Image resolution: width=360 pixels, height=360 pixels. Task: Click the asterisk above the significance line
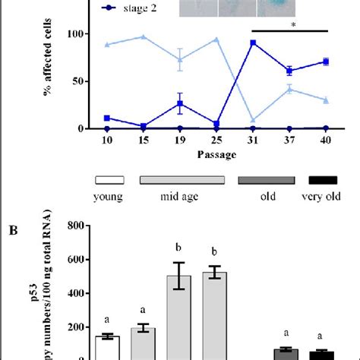(x=289, y=25)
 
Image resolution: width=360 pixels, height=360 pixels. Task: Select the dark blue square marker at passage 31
(x=252, y=43)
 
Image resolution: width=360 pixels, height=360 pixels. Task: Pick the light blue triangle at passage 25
(x=216, y=39)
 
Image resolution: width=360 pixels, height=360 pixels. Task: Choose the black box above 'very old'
(x=321, y=181)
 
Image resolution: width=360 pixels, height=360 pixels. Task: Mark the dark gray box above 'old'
(x=267, y=181)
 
